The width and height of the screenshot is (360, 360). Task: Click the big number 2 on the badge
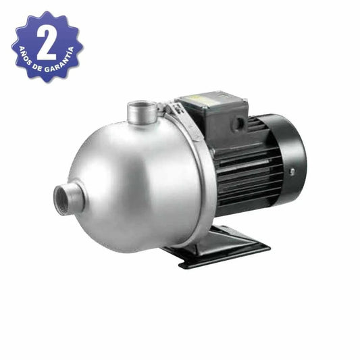(46, 44)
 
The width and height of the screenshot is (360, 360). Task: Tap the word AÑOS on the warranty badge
(25, 56)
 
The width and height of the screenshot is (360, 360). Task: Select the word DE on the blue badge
(37, 68)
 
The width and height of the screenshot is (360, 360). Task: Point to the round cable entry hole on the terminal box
(238, 124)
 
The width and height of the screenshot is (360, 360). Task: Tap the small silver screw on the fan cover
(292, 172)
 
